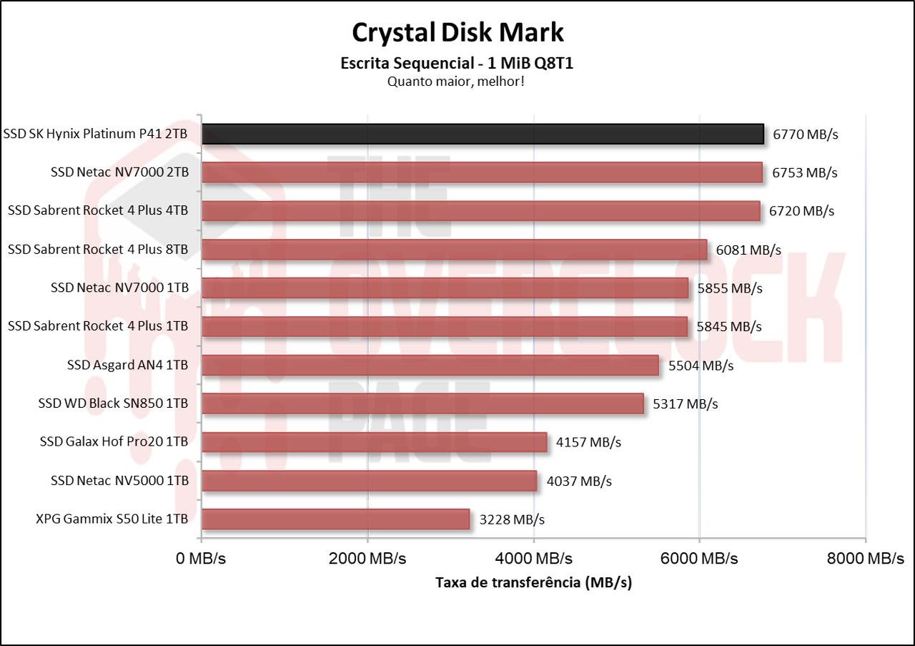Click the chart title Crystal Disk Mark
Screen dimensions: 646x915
[457, 32]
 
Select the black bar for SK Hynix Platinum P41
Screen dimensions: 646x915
[483, 134]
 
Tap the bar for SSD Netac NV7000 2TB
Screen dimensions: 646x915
[482, 172]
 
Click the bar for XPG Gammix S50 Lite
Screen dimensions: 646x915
[335, 519]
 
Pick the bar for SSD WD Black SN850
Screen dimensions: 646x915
[422, 403]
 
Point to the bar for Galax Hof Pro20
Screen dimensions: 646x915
[374, 442]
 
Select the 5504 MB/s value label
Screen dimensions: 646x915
[701, 366]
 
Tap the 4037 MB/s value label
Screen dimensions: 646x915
[579, 481]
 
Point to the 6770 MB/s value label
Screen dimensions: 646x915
[805, 134]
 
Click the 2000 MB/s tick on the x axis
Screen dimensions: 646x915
[367, 558]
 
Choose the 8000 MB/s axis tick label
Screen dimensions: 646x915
[865, 558]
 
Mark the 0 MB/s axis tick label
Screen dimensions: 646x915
[201, 558]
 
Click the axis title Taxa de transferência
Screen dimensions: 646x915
[533, 582]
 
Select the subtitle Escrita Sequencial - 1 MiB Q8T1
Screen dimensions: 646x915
[457, 63]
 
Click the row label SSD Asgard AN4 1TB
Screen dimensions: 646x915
[127, 365]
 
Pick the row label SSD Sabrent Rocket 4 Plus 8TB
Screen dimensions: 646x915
[98, 249]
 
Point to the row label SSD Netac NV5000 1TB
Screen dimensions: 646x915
[119, 481]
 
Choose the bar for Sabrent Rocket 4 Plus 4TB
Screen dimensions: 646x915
[480, 211]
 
